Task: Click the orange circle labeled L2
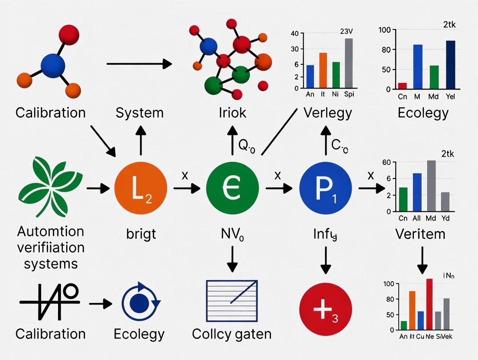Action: [141, 189]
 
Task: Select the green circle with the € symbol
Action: [233, 189]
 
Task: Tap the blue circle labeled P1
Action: [326, 189]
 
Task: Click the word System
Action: [140, 113]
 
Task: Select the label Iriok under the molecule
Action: [233, 113]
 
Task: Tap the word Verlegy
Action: [328, 113]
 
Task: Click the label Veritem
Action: [420, 234]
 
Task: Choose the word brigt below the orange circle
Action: [140, 234]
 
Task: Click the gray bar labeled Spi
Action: [349, 63]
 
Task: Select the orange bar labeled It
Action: [323, 70]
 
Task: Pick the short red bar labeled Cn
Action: [403, 86]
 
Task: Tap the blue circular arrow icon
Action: [141, 301]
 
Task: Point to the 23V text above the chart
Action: [348, 31]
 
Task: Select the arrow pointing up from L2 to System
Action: [140, 141]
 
